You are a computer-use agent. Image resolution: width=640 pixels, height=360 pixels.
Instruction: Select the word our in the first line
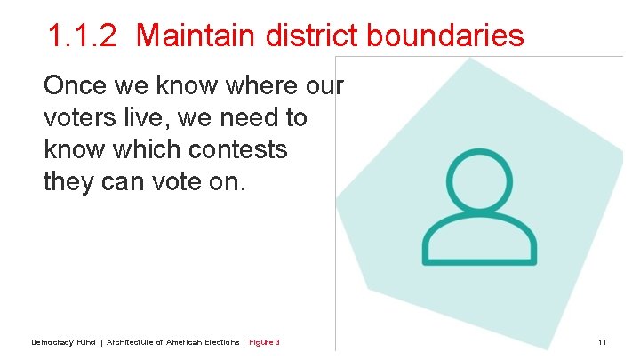tap(325, 86)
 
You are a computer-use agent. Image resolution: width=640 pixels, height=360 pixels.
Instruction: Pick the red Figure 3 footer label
tap(264, 342)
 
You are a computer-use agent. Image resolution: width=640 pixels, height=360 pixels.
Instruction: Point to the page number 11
tap(602, 342)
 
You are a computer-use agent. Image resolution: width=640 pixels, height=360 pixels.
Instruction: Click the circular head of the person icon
tap(479, 180)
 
